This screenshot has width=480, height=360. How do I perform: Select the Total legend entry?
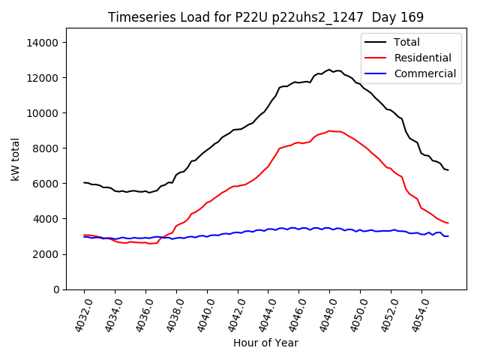(x=406, y=42)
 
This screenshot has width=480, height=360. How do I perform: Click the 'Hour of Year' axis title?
(x=265, y=343)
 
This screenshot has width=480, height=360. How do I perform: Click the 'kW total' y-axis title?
(x=16, y=160)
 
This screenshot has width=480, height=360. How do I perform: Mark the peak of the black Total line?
(x=329, y=70)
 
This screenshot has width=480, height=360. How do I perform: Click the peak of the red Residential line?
(x=329, y=130)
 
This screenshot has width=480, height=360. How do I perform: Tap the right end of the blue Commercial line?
(x=448, y=236)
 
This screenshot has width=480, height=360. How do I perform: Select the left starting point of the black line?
(x=84, y=182)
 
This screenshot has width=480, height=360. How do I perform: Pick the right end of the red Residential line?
(x=448, y=223)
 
